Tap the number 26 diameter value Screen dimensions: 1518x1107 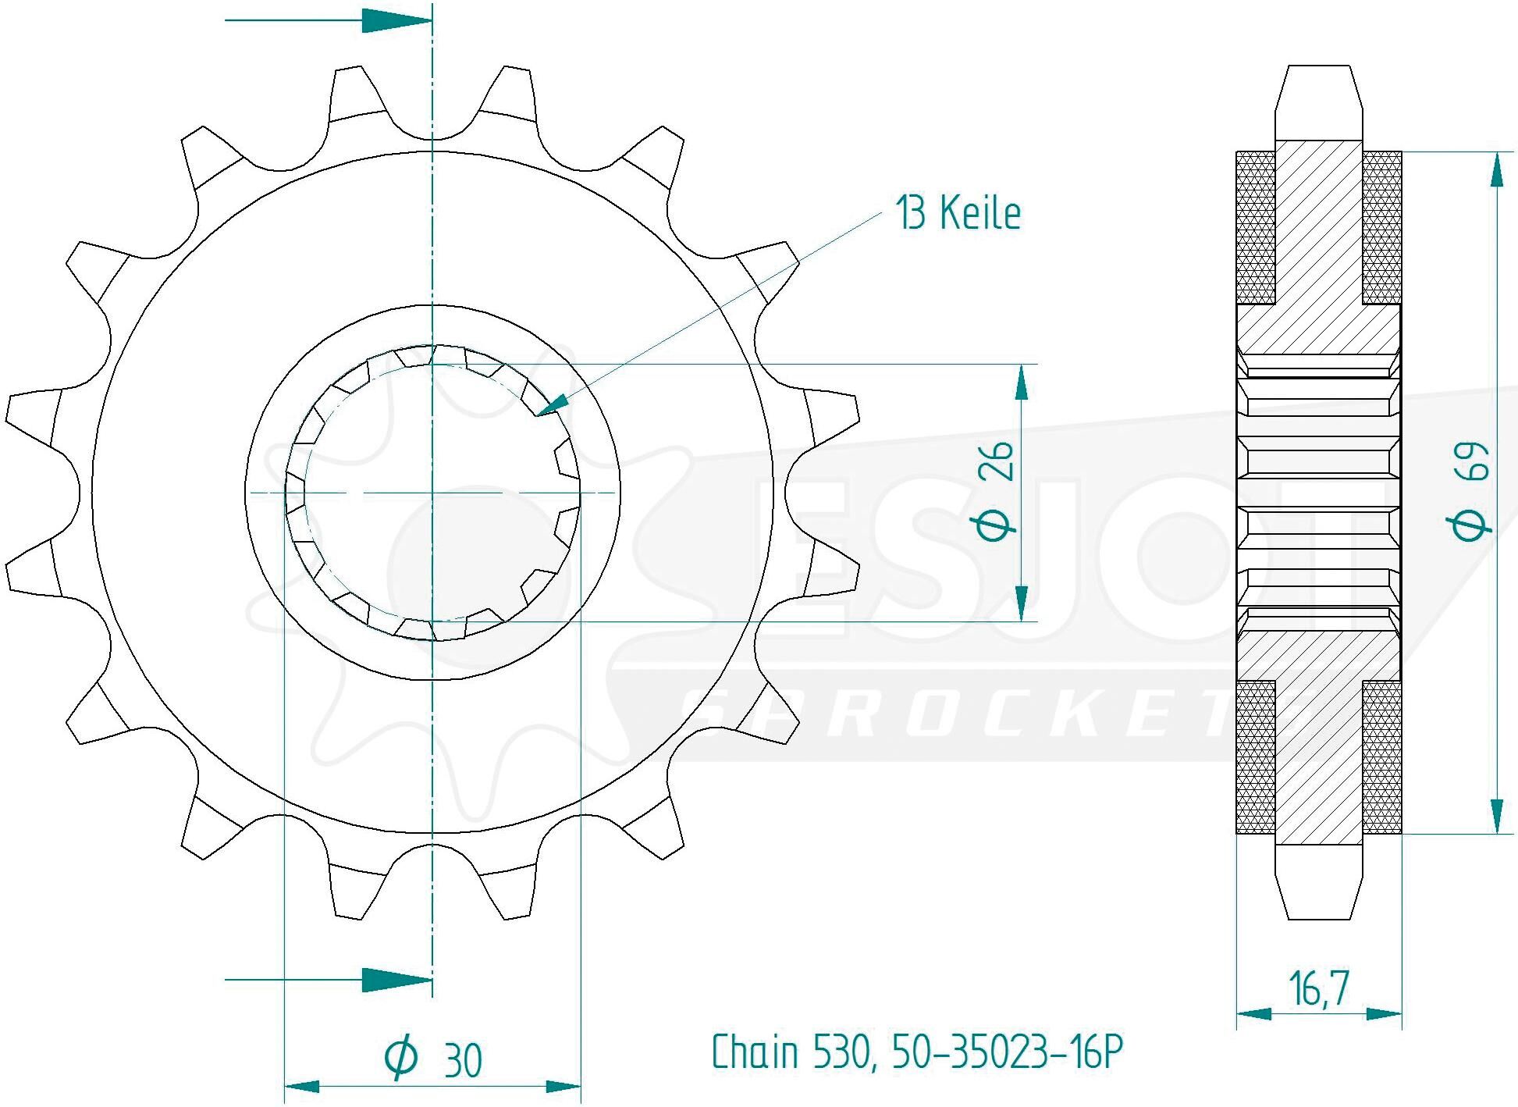coord(998,461)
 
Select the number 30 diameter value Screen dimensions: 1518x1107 coord(463,1059)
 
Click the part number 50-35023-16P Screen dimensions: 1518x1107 coord(1011,1052)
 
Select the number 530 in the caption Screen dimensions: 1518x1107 coord(846,1052)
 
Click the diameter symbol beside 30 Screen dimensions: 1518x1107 coord(402,1058)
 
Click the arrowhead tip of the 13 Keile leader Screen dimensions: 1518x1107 coord(538,415)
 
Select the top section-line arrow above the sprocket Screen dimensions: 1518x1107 coord(328,21)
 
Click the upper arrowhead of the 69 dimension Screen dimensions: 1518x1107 coord(1497,170)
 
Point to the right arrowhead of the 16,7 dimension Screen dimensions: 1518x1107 coord(1385,1014)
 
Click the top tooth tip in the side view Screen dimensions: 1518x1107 coord(1319,66)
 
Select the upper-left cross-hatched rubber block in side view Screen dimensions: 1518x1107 coord(1257,227)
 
